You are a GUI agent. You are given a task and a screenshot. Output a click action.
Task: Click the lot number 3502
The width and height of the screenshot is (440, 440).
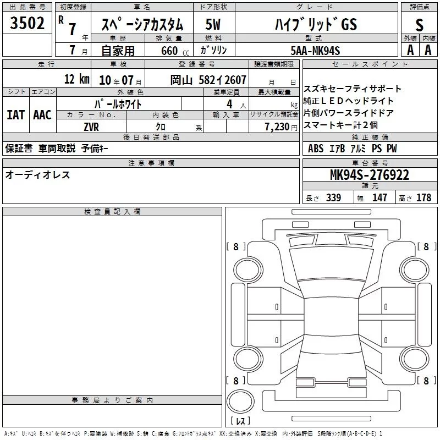27,23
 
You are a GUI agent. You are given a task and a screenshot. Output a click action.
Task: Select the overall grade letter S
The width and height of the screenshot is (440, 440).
419,25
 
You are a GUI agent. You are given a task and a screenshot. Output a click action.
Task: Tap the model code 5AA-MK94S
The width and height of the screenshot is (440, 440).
315,51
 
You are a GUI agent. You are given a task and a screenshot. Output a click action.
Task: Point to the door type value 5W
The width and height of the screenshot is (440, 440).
213,24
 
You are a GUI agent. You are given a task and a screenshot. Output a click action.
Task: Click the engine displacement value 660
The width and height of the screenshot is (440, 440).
169,51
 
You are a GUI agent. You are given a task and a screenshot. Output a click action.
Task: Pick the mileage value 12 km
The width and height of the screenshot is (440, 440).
76,79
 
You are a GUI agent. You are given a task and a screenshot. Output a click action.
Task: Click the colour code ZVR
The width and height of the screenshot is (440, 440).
91,127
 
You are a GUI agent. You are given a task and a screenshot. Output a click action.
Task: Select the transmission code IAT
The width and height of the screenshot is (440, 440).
15,115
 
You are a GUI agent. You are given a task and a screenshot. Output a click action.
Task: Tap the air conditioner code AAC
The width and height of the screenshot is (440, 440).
42,115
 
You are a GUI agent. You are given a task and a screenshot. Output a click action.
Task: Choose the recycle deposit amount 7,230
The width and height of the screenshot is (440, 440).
277,127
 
